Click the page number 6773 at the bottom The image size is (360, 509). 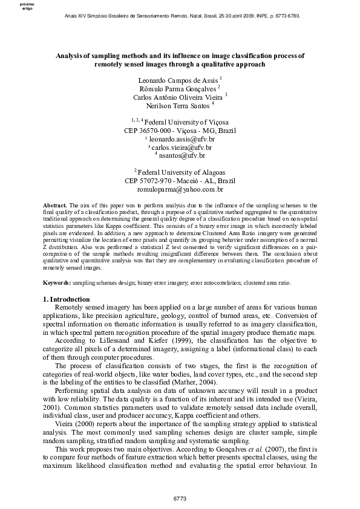(179, 499)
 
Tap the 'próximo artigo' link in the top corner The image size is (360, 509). (27, 7)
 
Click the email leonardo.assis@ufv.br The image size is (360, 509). (182, 139)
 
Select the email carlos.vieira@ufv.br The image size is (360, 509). (182, 147)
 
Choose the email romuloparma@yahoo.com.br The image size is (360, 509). (180, 189)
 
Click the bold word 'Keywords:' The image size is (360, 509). (57, 282)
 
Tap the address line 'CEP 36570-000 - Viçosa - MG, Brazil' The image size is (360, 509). (180, 131)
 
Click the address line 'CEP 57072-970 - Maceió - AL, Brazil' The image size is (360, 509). (180, 181)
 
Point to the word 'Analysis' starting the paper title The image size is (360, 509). (68, 54)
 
